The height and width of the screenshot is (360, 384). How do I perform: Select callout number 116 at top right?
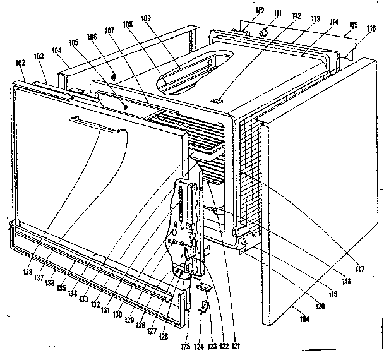coord(371,28)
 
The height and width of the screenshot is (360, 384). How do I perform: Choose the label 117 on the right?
coord(361,270)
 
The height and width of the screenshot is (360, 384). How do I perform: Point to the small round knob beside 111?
coord(265,31)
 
